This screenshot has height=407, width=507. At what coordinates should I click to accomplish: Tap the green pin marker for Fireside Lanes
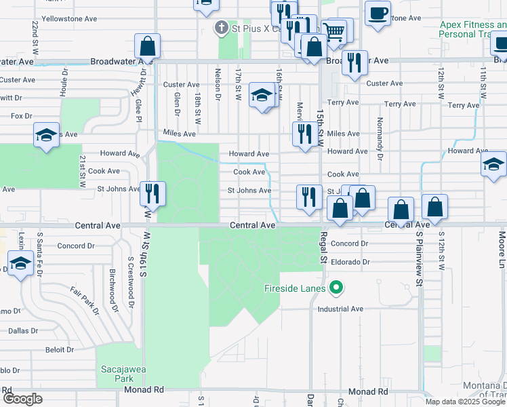pos(336,289)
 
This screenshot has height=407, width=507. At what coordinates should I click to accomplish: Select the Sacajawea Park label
pos(123,374)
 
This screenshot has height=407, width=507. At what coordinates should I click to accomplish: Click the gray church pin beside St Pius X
pos(220,28)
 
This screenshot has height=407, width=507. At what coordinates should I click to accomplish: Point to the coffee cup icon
pos(378,13)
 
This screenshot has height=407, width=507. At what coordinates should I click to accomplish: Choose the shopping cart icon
pos(333,31)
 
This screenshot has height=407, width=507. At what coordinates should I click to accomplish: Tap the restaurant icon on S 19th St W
pos(152,193)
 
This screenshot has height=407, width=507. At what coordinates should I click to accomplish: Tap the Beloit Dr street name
pos(60,350)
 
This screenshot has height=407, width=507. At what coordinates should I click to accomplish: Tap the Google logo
pos(22,399)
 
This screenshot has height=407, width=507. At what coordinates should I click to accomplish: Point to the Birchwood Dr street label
pos(113,291)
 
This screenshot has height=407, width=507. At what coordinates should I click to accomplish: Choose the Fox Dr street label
pos(22,116)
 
